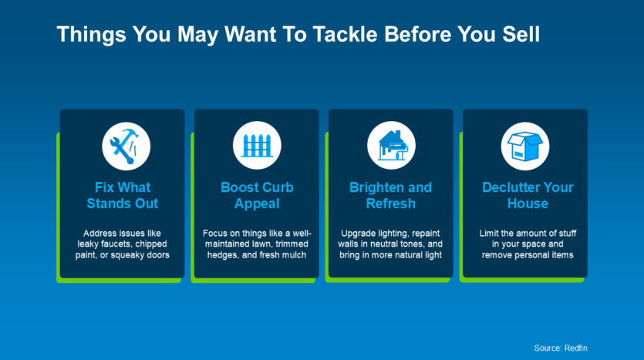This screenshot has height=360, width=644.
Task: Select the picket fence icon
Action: coord(257,146)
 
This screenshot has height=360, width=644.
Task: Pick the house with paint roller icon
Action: coord(391,146)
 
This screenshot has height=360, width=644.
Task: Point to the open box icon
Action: coord(525,146)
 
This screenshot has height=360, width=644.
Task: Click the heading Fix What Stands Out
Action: coord(123,195)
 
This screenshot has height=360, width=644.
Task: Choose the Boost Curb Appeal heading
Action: coord(257,195)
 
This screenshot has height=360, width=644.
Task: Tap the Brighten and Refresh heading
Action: coord(390,195)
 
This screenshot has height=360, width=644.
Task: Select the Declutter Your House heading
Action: coord(528,195)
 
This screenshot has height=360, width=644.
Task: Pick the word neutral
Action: coord(385,244)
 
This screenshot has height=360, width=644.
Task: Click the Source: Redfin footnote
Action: coord(561,348)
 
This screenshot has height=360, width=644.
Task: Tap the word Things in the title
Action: coord(91,34)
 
